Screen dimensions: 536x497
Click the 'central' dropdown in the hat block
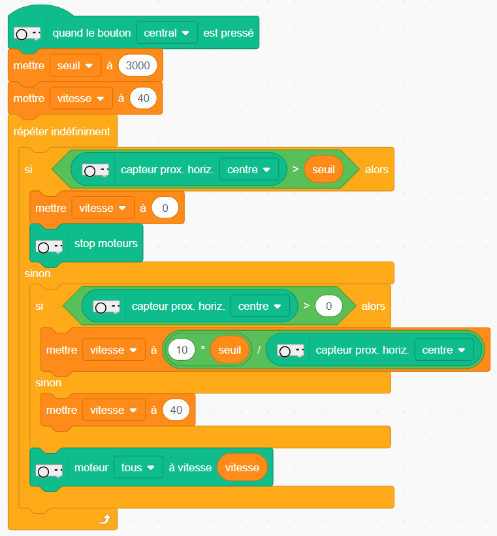(x=167, y=33)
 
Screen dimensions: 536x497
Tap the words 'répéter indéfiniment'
(x=62, y=131)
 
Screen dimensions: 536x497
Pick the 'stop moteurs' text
(x=106, y=244)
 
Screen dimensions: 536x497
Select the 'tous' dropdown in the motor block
(x=138, y=467)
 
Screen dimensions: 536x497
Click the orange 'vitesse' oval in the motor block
(x=242, y=467)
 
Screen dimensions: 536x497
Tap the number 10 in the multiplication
(x=182, y=350)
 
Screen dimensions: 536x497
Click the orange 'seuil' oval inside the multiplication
(x=230, y=350)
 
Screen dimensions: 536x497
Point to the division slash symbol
(x=259, y=350)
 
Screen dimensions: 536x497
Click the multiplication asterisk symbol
(x=203, y=350)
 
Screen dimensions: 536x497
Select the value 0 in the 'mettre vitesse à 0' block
(x=165, y=209)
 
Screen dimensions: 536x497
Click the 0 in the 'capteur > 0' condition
(x=329, y=306)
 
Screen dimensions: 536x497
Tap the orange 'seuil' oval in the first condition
(x=324, y=169)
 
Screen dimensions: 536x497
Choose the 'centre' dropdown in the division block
(x=444, y=350)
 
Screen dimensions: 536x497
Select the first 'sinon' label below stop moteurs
(x=37, y=274)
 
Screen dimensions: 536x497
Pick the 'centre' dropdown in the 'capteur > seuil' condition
(x=249, y=169)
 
